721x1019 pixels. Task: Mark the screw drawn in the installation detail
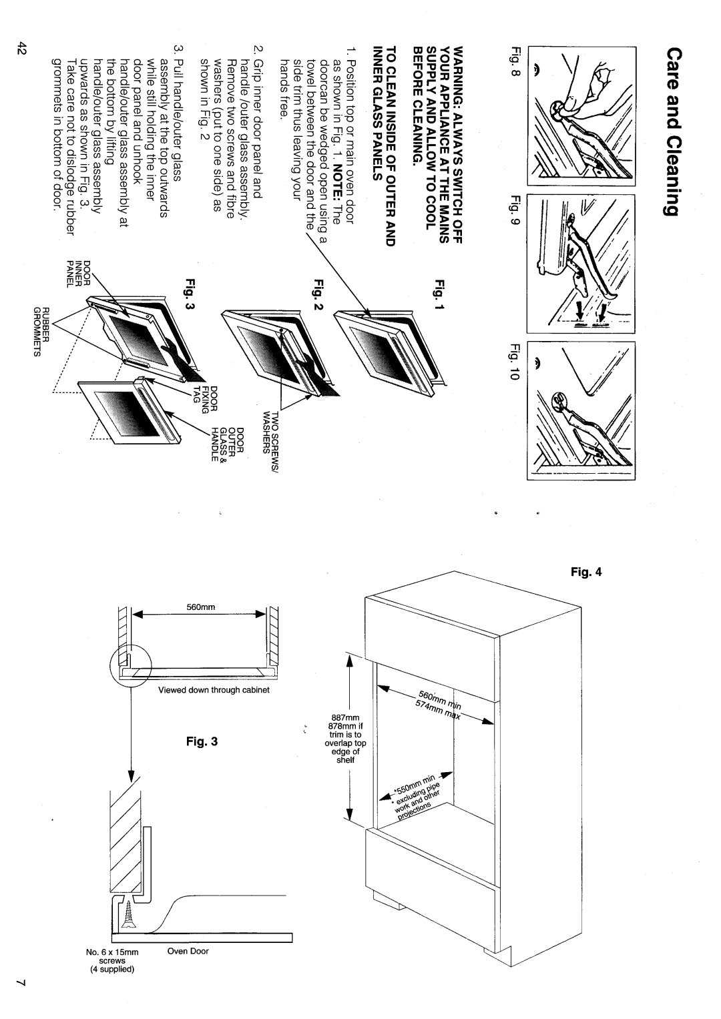coord(122,912)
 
